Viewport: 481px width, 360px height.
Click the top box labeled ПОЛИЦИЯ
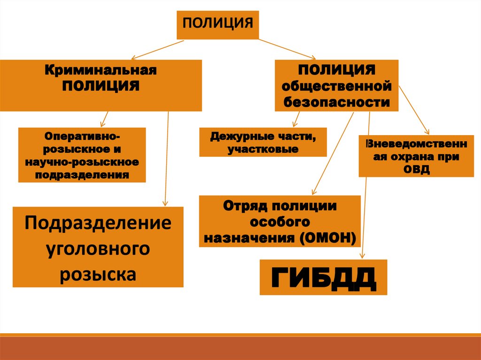(217, 23)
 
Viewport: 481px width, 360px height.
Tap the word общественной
(336, 87)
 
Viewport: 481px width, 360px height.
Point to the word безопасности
(336, 102)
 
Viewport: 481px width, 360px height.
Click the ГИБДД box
(323, 277)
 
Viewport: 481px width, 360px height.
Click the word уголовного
(98, 248)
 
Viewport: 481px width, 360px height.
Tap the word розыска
(98, 274)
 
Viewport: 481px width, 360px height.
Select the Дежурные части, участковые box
(263, 142)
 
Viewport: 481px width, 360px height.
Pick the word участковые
(263, 150)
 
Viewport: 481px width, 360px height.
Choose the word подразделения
(82, 175)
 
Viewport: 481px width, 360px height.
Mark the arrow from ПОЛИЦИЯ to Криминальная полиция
(157, 49)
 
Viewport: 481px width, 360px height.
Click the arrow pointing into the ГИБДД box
(366, 188)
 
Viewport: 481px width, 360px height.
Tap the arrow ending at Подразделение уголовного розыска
(166, 160)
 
